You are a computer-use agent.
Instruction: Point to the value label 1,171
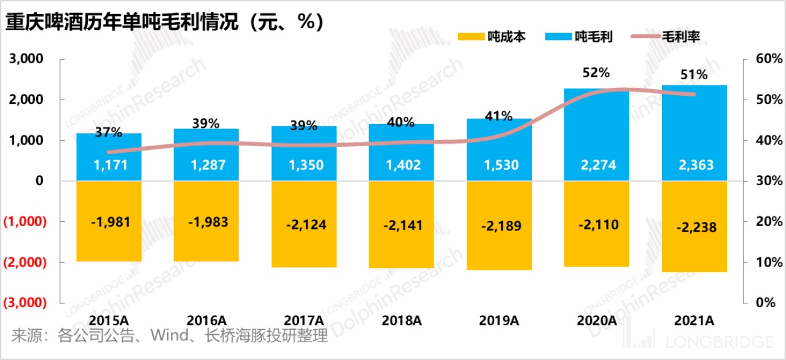[109, 165]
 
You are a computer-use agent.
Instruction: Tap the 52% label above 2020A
[596, 72]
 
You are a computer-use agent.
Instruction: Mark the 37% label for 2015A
[109, 131]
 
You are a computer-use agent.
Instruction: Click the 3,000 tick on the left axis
[26, 59]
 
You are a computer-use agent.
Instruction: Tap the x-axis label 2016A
[206, 320]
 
